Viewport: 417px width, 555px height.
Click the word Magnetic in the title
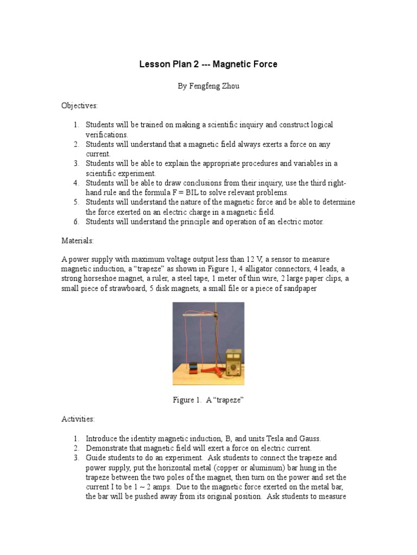pyautogui.click(x=231, y=64)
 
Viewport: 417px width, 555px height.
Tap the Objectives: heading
pyautogui.click(x=79, y=106)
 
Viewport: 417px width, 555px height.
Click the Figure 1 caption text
pyautogui.click(x=208, y=400)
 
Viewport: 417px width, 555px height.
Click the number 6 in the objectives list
pyautogui.click(x=77, y=222)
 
